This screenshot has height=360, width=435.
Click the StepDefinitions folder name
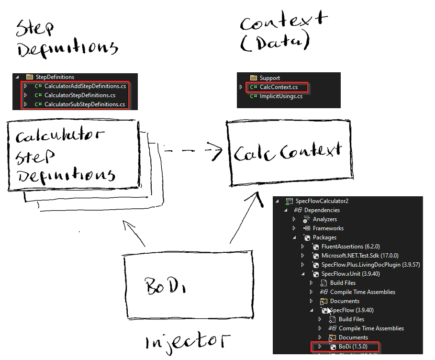pyautogui.click(x=55, y=77)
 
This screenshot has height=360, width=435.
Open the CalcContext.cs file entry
pyautogui.click(x=279, y=87)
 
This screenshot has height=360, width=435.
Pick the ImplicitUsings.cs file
pyautogui.click(x=281, y=96)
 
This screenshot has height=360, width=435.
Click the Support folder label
pyautogui.click(x=269, y=78)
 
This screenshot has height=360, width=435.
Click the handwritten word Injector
pyautogui.click(x=187, y=341)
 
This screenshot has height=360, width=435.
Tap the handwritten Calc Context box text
pyautogui.click(x=288, y=153)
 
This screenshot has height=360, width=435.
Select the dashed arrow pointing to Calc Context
pyautogui.click(x=191, y=151)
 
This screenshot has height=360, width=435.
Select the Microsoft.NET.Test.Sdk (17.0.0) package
pyautogui.click(x=359, y=256)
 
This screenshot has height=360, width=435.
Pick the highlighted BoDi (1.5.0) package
pyautogui.click(x=354, y=346)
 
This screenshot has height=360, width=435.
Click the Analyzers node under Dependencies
pyautogui.click(x=324, y=219)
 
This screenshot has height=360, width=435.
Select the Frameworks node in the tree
pyautogui.click(x=328, y=228)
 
